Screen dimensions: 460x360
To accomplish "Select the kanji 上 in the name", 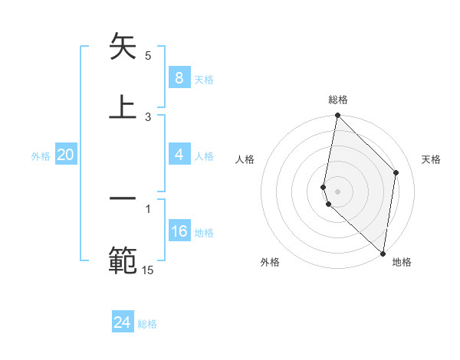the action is [x=123, y=106].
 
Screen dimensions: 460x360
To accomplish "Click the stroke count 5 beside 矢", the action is [x=148, y=56].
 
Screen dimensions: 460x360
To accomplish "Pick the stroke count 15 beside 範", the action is [x=148, y=269].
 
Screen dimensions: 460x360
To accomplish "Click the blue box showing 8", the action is [x=179, y=78].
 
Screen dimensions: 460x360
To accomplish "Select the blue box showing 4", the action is [x=179, y=155].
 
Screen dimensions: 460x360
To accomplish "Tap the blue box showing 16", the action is [x=179, y=231].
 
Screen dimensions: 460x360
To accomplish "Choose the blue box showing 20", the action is [x=66, y=155].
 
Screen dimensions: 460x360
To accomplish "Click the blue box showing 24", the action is [x=123, y=322].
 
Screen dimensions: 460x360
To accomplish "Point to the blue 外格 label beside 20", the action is [x=41, y=156].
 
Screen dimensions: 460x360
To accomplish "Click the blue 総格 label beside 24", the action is [x=147, y=324].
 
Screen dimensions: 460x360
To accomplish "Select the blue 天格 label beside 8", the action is [x=204, y=80].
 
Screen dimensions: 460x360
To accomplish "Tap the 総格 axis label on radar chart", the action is [x=337, y=100].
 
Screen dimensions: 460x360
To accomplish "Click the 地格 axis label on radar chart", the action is [x=402, y=262].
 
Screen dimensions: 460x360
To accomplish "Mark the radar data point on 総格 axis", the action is [x=337, y=116].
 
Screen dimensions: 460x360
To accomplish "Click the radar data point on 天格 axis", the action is [x=396, y=172].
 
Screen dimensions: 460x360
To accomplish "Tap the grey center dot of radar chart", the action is [x=337, y=191].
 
